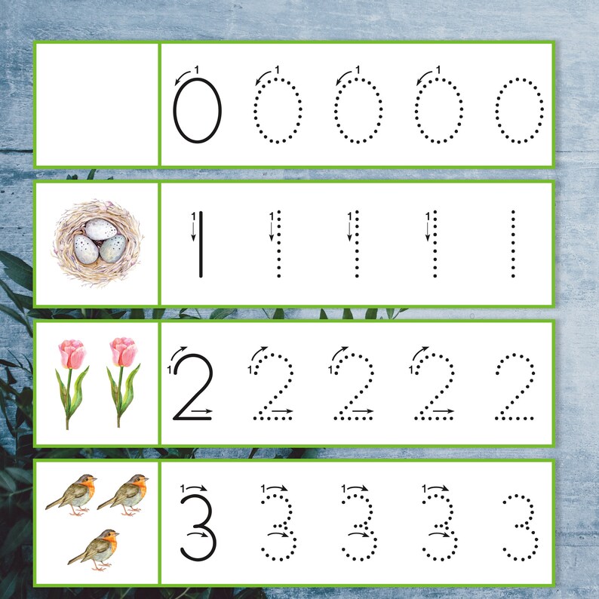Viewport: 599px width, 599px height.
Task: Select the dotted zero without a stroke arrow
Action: [519, 110]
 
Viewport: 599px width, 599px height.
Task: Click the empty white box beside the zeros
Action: [96, 104]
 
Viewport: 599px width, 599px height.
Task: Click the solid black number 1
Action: [200, 243]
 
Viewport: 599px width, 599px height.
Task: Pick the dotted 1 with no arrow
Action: [513, 243]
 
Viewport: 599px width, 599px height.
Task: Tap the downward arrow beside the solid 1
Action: [193, 230]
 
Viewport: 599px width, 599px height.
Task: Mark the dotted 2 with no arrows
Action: [515, 386]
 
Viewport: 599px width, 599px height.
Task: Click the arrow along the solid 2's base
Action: [201, 412]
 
